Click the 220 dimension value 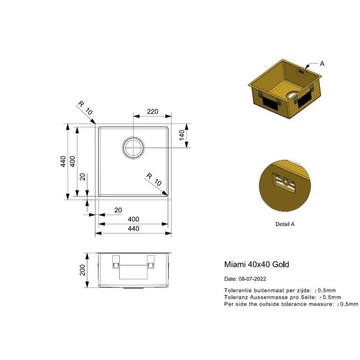pyautogui.click(x=153, y=112)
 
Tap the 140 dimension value pyautogui.click(x=182, y=135)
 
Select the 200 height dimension pyautogui.click(x=82, y=270)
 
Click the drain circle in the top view pyautogui.click(x=133, y=148)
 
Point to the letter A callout pyautogui.click(x=322, y=63)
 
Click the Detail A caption pyautogui.click(x=285, y=224)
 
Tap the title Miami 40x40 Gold pyautogui.click(x=256, y=265)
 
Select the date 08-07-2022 pyautogui.click(x=252, y=279)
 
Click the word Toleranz pyautogui.click(x=236, y=297)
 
